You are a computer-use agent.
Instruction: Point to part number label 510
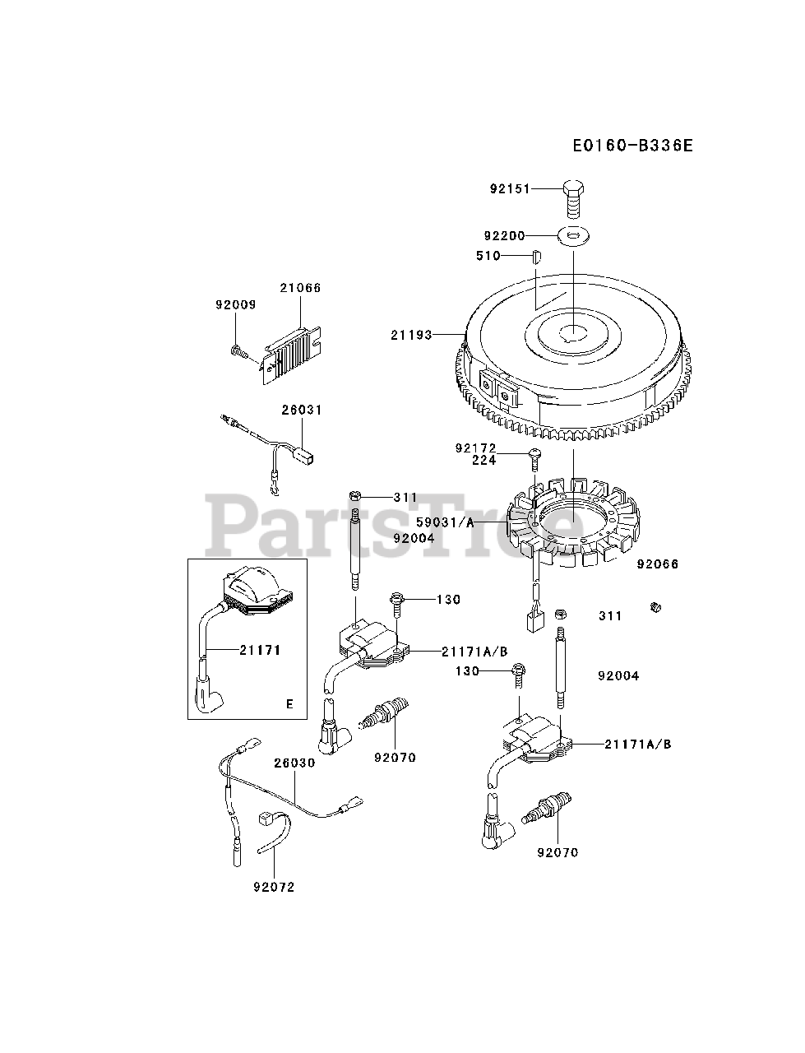click(488, 256)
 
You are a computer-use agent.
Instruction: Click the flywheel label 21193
click(411, 335)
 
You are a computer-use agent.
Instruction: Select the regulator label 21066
click(300, 288)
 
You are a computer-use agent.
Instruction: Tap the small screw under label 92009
click(238, 352)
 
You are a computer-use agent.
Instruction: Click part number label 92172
click(476, 448)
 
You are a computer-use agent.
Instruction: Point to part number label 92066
click(658, 565)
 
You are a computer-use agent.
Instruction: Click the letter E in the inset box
click(289, 704)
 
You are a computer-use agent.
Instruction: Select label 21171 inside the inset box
click(261, 650)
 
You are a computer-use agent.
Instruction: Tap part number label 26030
click(294, 763)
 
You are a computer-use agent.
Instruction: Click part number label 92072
click(274, 887)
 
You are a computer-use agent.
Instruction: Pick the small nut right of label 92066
click(655, 608)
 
